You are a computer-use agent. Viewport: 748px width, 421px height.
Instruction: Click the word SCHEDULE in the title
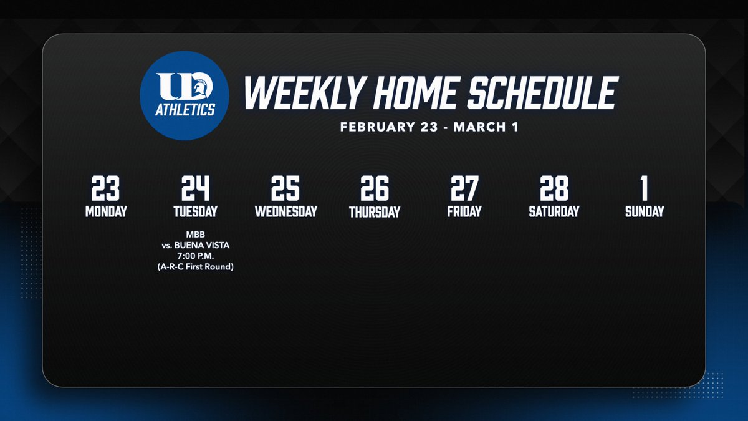coord(544,94)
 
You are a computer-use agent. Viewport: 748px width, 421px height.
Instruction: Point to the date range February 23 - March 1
coord(429,127)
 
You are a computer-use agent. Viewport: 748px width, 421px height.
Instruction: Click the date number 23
coord(105,188)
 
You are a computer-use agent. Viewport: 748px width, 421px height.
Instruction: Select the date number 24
coord(195,188)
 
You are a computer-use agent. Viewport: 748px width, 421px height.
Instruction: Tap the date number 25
coord(285,188)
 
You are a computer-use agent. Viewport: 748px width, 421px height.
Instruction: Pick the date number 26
coord(375,188)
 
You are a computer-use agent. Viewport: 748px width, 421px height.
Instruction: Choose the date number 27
coord(464,188)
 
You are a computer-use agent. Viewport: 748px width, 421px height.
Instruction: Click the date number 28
coord(554,188)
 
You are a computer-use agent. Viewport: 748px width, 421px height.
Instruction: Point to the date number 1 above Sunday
coord(645,188)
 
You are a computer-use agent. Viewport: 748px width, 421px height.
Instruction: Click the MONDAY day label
coord(105,211)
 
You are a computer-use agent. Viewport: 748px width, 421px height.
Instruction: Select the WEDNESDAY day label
coord(285,211)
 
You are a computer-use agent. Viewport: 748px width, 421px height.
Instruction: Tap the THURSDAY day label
coord(375,212)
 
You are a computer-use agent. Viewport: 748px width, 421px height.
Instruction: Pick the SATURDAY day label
coord(554,211)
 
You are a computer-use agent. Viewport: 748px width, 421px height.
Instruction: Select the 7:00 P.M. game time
coord(195,256)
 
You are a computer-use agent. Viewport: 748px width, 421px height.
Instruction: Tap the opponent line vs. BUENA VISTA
coord(195,246)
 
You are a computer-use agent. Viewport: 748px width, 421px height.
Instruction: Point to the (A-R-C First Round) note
coord(195,267)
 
